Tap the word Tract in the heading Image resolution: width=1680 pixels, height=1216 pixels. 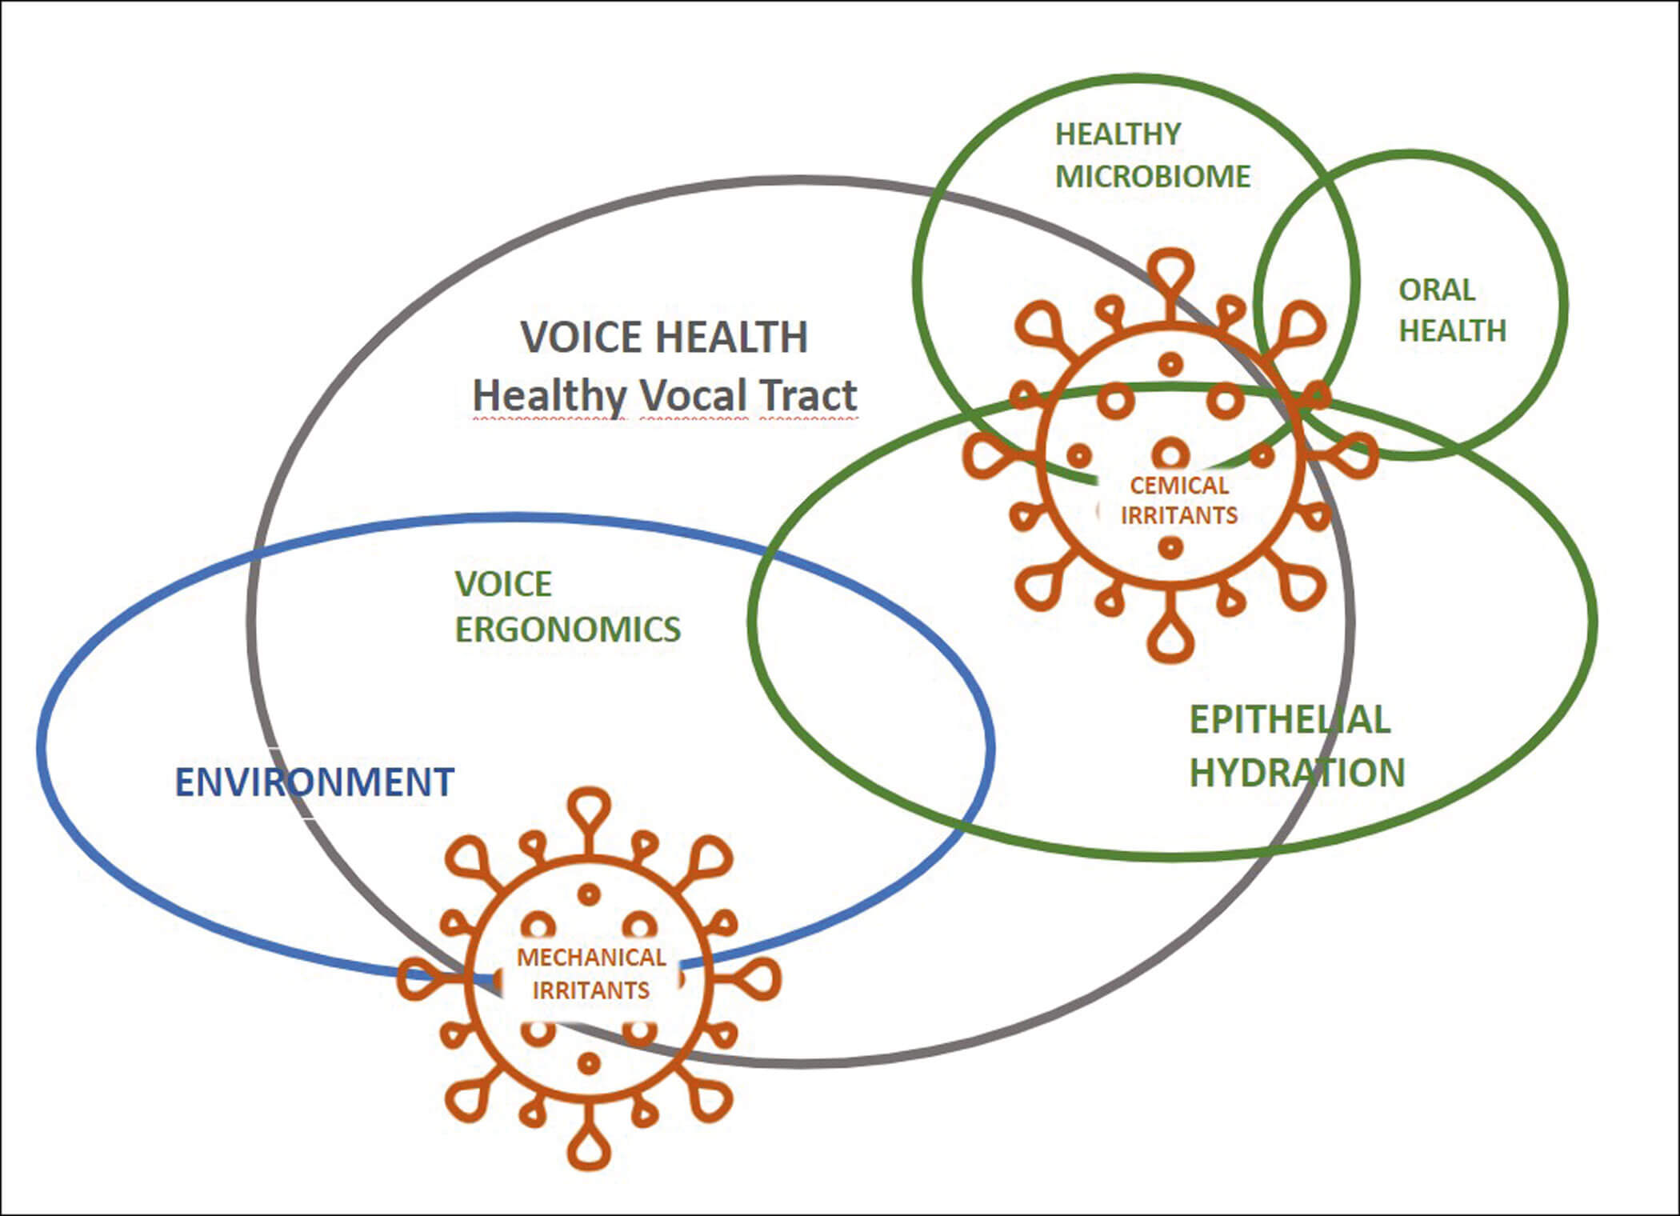coord(808,395)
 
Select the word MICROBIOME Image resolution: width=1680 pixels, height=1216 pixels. coord(1152,177)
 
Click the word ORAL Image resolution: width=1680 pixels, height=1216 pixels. coord(1436,290)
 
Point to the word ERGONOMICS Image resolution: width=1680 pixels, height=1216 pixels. coord(567,630)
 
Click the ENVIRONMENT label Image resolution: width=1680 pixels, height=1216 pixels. coord(314,782)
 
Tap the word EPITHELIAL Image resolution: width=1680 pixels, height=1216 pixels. coord(1289,719)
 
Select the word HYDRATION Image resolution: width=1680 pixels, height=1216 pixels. coord(1296,773)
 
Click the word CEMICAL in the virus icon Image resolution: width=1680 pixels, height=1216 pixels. coord(1178,486)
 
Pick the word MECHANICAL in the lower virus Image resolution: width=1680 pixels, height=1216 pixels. coord(591,957)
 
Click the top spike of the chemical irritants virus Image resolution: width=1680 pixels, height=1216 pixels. coord(1170,268)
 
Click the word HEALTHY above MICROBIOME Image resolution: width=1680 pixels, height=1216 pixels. coord(1118,134)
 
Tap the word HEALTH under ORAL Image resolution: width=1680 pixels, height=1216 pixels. coord(1452,330)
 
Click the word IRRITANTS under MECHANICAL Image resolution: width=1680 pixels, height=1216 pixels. coord(591,990)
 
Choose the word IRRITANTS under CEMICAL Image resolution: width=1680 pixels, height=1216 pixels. coord(1178,515)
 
